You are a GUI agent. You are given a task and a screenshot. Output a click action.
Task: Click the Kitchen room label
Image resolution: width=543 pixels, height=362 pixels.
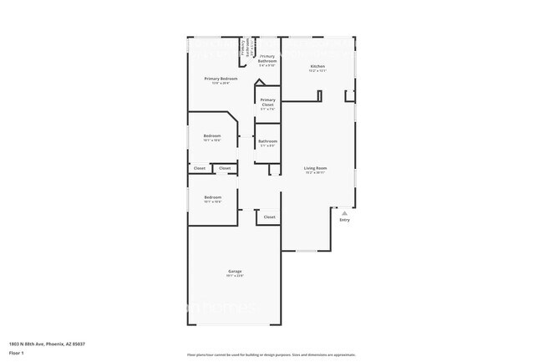click(x=317, y=66)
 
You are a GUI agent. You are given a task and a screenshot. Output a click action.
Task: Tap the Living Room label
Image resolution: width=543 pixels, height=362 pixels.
click(x=315, y=168)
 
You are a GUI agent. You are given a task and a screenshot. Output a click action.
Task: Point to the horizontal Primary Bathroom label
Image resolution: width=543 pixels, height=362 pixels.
click(x=267, y=59)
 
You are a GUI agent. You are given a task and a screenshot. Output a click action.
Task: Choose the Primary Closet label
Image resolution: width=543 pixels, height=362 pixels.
click(x=267, y=102)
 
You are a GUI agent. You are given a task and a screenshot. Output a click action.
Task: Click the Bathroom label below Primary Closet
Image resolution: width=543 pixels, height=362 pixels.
click(x=267, y=141)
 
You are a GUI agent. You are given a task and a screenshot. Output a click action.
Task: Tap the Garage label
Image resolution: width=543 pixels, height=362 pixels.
click(x=235, y=272)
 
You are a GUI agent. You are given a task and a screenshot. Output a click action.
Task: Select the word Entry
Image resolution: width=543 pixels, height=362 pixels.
click(x=344, y=220)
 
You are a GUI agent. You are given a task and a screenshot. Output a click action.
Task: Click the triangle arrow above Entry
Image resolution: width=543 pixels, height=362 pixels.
click(x=344, y=213)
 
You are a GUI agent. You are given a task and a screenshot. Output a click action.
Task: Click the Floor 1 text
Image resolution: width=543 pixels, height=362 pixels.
click(x=17, y=353)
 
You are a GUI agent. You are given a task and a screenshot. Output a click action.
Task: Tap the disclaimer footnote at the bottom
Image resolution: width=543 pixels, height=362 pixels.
click(x=271, y=355)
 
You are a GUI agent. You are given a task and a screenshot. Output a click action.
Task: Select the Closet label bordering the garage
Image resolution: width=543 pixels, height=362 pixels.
click(x=269, y=217)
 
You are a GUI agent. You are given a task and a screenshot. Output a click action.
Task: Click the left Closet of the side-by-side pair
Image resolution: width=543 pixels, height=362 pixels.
click(x=200, y=168)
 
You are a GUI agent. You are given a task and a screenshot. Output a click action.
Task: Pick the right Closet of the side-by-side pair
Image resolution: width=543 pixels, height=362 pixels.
click(x=225, y=168)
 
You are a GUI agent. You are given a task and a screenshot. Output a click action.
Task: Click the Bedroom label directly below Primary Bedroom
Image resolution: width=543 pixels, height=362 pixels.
click(x=212, y=136)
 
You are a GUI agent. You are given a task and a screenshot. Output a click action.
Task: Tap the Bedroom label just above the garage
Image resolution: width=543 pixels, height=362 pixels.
click(x=212, y=197)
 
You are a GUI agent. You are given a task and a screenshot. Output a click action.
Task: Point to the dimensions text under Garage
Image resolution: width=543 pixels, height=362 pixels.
click(x=235, y=277)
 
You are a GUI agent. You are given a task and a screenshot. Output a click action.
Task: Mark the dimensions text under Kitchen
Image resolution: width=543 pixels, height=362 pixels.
click(x=317, y=71)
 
